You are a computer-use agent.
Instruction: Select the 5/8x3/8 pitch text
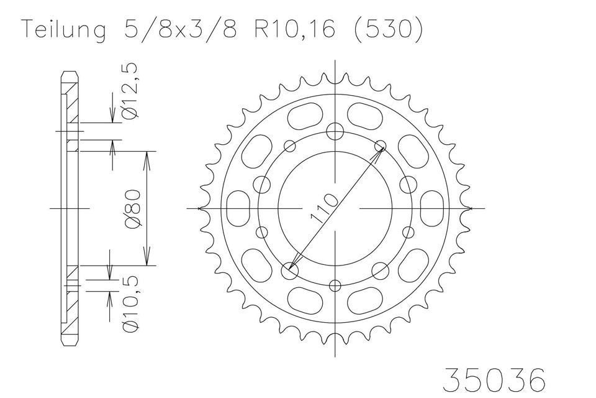pyautogui.click(x=176, y=30)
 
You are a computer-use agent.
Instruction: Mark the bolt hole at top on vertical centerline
pyautogui.click(x=335, y=131)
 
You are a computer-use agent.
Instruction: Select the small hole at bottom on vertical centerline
pyautogui.click(x=335, y=285)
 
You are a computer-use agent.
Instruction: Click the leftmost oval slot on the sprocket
pyautogui.click(x=238, y=208)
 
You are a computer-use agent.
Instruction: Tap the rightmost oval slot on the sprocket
pyautogui.click(x=431, y=208)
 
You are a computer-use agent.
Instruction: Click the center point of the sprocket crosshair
pyautogui.click(x=335, y=208)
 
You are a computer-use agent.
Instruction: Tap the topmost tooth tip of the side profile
pyautogui.click(x=70, y=73)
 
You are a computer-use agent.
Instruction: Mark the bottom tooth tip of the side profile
pyautogui.click(x=70, y=343)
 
